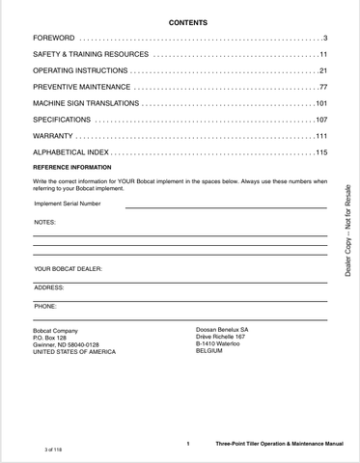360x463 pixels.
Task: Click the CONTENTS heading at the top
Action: pos(187,20)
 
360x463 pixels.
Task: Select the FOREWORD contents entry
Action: pos(53,37)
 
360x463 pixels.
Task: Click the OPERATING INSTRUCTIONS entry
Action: pos(78,71)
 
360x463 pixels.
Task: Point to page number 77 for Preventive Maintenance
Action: pos(323,87)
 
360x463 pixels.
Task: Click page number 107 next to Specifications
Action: pos(321,120)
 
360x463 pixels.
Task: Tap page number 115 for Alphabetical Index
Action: pos(321,152)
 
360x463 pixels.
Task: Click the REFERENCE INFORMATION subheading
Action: pos(72,167)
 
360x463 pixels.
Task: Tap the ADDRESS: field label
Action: pos(49,287)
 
